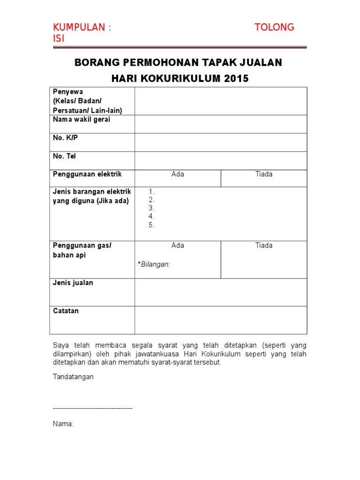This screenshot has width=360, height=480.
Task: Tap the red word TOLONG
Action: (274, 27)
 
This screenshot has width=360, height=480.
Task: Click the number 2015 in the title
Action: (236, 79)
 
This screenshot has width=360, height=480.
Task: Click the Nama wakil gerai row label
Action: (82, 120)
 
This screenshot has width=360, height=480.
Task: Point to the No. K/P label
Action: (65, 138)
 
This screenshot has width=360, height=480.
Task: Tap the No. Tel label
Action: (64, 156)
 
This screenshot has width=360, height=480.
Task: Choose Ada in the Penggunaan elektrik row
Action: (178, 174)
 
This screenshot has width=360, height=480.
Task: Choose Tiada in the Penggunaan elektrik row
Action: (263, 174)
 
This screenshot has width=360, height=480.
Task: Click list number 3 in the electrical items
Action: (151, 208)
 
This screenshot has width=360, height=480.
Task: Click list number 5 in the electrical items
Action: (151, 225)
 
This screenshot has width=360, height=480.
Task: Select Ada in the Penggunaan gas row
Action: (178, 246)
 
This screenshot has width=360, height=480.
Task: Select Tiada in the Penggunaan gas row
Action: (263, 246)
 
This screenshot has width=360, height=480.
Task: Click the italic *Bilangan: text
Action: (154, 264)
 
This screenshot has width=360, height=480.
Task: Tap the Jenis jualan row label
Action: (73, 283)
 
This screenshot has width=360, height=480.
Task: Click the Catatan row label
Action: (66, 311)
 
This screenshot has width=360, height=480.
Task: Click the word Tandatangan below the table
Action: (73, 377)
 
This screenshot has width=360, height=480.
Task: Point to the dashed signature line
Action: (93, 408)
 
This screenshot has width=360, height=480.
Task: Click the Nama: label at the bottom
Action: (63, 424)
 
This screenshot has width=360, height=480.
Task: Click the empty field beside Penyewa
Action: (221, 101)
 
